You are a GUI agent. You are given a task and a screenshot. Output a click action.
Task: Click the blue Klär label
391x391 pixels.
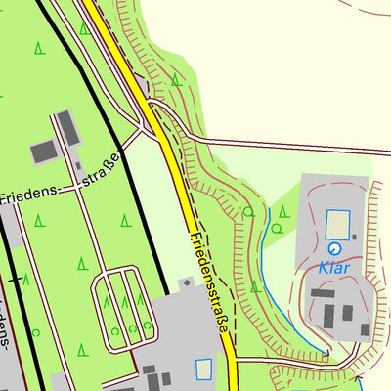click(333, 266)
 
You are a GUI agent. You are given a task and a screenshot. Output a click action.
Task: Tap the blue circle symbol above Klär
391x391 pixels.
click(323, 249)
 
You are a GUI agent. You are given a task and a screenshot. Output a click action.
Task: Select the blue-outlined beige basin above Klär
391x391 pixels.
click(337, 225)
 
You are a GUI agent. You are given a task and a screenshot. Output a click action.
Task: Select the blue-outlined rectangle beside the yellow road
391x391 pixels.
click(203, 369)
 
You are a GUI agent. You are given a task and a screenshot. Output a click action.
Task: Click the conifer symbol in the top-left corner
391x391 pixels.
click(39, 46)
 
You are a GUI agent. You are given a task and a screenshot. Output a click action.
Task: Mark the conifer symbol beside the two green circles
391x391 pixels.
click(283, 211)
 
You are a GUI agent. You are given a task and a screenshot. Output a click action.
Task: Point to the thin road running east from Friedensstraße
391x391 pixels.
click(293, 143)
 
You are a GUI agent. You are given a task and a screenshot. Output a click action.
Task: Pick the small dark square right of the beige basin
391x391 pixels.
click(354, 237)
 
